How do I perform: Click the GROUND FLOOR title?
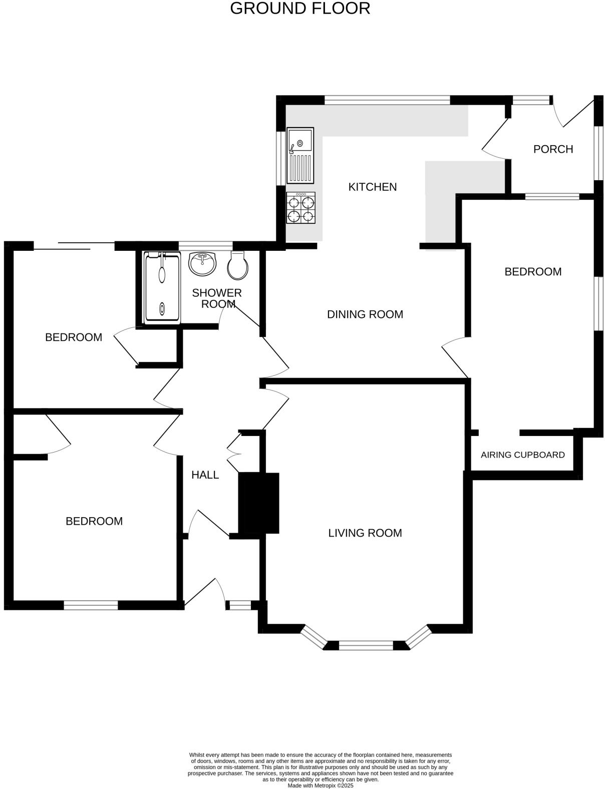click(300, 9)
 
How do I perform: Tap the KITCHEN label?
click(372, 187)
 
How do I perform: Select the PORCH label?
click(553, 149)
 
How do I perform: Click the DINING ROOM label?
click(365, 314)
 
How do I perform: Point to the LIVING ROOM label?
click(365, 533)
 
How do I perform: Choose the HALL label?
click(205, 475)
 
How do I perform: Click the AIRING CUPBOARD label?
click(522, 455)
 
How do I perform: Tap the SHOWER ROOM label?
click(217, 298)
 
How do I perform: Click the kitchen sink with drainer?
click(300, 155)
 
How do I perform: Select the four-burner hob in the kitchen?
click(300, 208)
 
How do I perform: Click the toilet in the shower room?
click(237, 265)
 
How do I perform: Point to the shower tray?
click(161, 288)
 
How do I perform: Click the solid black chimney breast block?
click(258, 503)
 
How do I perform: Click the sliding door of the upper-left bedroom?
click(74, 245)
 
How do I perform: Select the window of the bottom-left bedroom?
click(91, 605)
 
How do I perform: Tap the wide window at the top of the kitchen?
click(387, 100)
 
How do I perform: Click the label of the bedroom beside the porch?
click(532, 271)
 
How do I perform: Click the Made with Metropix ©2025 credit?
click(321, 785)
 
